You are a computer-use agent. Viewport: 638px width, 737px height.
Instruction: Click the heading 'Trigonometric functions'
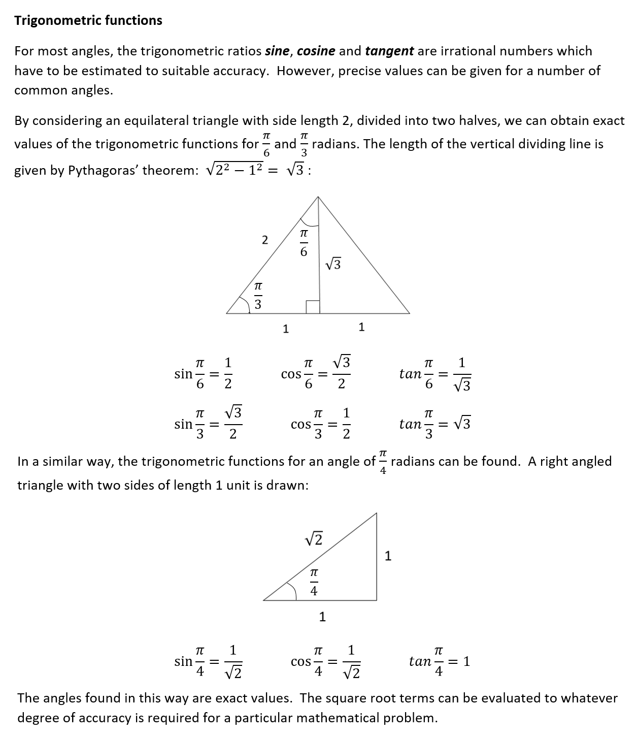[x=88, y=20]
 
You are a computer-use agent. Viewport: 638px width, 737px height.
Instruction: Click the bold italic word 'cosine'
[x=316, y=51]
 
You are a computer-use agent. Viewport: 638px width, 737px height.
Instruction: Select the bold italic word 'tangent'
[x=389, y=51]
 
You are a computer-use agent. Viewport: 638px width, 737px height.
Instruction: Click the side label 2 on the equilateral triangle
[x=264, y=240]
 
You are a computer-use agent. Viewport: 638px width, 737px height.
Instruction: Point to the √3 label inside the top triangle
[x=333, y=264]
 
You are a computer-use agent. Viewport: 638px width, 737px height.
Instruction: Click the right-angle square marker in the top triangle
[x=313, y=307]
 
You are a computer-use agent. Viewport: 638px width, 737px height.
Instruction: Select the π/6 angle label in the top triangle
[x=304, y=243]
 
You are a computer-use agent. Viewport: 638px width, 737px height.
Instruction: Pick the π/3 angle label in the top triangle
[x=258, y=296]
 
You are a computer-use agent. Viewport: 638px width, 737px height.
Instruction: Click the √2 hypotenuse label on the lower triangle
[x=315, y=538]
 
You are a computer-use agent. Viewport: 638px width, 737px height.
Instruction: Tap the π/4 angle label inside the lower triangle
[x=314, y=582]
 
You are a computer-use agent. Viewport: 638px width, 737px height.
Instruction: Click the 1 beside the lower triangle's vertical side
[x=388, y=556]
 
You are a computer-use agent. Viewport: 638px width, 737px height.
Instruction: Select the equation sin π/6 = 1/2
[x=203, y=374]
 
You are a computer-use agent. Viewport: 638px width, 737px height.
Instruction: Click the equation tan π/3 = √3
[x=435, y=424]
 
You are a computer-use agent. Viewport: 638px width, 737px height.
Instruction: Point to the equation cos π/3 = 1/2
[x=321, y=424]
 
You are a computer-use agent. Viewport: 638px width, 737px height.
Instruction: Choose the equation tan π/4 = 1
[x=440, y=661]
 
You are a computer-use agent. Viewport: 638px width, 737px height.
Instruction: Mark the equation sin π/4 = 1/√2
[x=208, y=661]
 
